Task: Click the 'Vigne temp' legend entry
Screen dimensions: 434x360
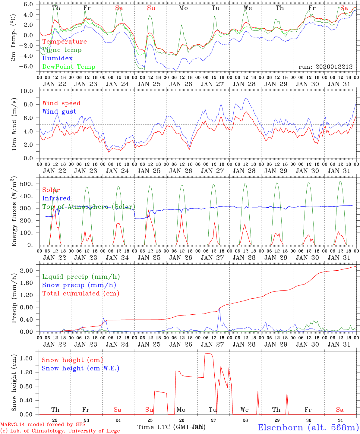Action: tap(62, 50)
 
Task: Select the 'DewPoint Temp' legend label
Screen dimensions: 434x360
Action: tap(69, 67)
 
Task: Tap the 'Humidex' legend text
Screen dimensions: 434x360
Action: tap(57, 58)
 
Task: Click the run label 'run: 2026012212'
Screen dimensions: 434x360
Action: tap(325, 67)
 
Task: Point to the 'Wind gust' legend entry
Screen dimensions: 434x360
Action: tap(59, 112)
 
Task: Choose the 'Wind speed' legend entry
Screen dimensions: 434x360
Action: tap(62, 103)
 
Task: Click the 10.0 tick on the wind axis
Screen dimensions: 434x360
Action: tap(30, 91)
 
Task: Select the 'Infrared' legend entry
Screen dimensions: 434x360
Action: tap(56, 198)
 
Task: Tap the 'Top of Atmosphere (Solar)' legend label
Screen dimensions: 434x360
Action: tap(89, 207)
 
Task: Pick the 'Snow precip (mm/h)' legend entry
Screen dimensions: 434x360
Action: tap(79, 285)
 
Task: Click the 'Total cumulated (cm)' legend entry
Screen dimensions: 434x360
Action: tap(81, 294)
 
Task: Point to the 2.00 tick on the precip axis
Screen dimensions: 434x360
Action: tap(30, 271)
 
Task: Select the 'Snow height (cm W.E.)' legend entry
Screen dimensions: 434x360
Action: tap(81, 368)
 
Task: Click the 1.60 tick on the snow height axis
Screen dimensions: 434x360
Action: tap(30, 358)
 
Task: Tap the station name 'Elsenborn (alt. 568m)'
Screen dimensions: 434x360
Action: tap(308, 427)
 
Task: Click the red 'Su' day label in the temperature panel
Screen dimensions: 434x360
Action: tap(151, 8)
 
